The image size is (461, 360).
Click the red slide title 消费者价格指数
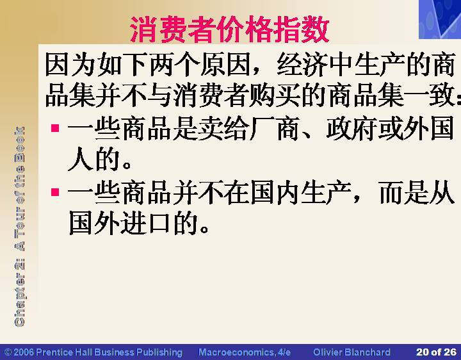230,29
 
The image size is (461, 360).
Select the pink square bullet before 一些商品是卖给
55,128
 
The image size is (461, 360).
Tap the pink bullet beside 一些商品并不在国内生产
55,192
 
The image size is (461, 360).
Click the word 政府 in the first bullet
352,128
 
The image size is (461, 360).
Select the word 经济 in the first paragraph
302,64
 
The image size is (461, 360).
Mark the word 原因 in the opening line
225,64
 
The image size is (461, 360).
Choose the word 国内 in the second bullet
275,192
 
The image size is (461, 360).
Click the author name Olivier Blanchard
352,352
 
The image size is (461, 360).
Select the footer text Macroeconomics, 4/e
245,352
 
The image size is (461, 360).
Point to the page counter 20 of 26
436,352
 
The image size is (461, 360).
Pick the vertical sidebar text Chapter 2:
19,293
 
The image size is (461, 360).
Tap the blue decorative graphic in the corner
440,19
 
